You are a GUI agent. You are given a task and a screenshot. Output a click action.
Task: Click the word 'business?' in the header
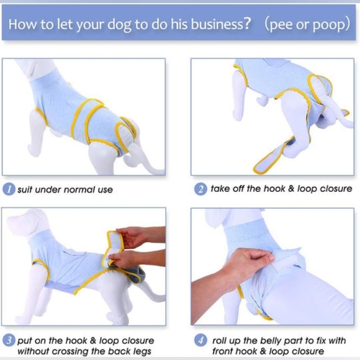(220, 24)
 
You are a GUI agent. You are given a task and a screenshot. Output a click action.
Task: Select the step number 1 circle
(9, 189)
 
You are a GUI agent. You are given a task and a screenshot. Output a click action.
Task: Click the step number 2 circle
(200, 189)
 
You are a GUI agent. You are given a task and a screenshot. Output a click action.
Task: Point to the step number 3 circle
(9, 340)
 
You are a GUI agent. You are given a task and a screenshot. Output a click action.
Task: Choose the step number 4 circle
(200, 340)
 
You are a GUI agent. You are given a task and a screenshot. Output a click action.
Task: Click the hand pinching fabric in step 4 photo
(247, 263)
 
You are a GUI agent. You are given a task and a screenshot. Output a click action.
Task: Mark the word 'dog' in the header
(119, 25)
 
